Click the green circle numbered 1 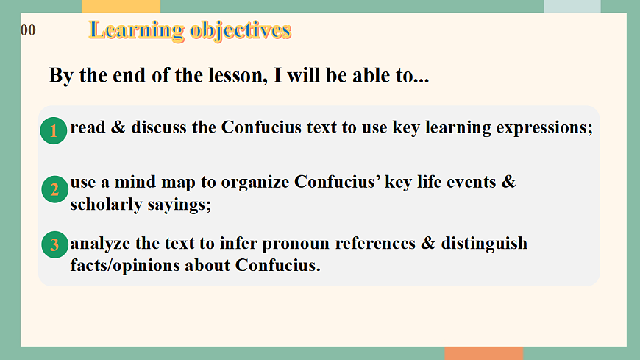[54, 131]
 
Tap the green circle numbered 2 [54, 190]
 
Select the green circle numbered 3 [54, 244]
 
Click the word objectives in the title [240, 30]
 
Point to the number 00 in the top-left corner [28, 30]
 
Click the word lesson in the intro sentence [231, 76]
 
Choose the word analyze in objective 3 [100, 243]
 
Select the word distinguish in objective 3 [484, 243]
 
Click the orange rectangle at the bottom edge [483, 353]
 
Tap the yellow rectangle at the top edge [121, 6]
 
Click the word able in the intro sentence [360, 76]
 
